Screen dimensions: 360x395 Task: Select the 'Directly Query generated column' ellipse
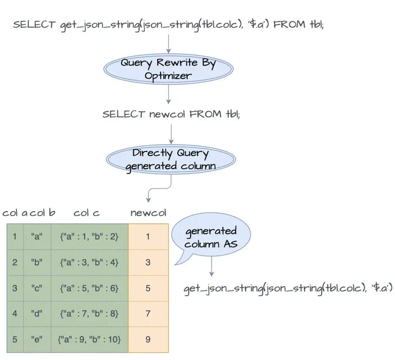pos(171,160)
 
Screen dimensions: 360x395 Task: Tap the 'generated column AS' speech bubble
pos(210,238)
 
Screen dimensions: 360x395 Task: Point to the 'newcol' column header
pos(148,213)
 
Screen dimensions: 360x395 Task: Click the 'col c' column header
pos(87,213)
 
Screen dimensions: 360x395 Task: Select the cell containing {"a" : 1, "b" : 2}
pos(89,237)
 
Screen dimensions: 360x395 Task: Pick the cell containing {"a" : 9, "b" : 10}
pos(89,339)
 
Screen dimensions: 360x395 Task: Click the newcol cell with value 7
pos(148,313)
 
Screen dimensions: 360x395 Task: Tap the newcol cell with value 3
pos(148,262)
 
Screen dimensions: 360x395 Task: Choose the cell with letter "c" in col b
pos(37,288)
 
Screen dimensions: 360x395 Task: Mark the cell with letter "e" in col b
pos(37,339)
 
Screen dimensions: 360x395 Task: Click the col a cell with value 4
pos(15,313)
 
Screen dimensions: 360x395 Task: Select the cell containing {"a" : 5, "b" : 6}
pos(89,288)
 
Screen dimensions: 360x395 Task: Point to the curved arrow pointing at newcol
pos(150,194)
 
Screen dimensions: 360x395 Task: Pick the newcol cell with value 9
pos(148,339)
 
